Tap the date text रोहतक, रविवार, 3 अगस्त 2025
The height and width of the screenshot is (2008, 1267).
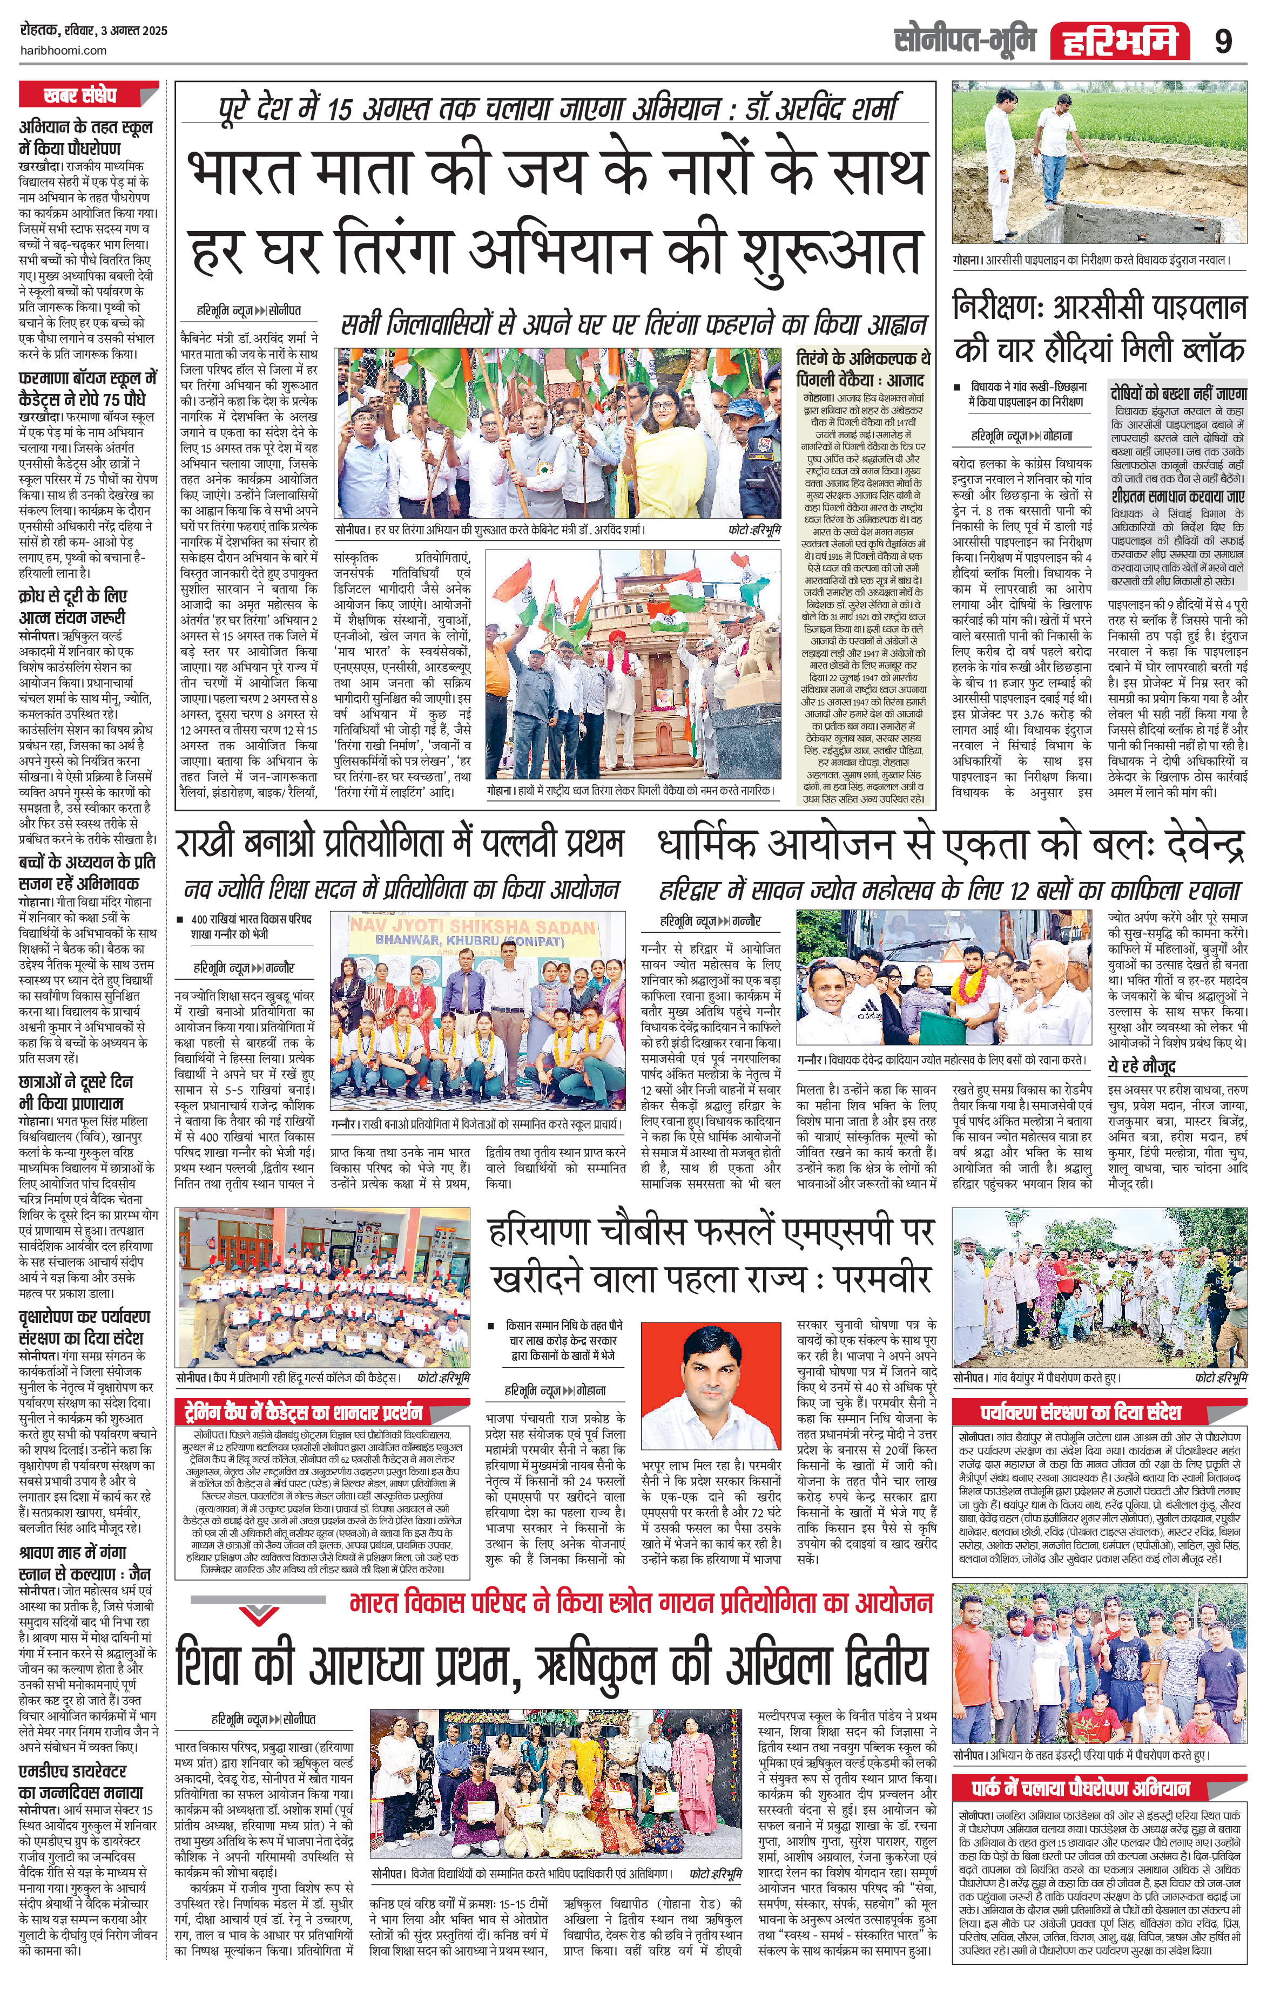pyautogui.click(x=93, y=31)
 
